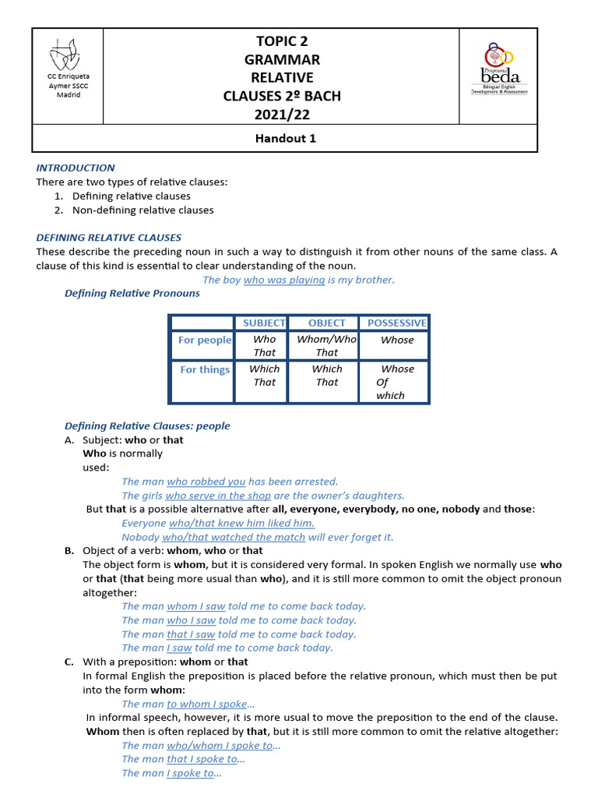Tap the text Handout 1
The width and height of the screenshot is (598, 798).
(285, 139)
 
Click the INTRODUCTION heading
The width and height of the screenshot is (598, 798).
(76, 168)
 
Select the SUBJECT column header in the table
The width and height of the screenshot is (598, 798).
(264, 323)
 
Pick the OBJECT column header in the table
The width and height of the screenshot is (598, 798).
(326, 323)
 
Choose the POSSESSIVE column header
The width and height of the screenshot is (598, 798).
(396, 323)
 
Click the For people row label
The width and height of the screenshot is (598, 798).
(205, 340)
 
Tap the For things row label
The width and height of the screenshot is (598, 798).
(205, 369)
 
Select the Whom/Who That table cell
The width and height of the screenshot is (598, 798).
(326, 345)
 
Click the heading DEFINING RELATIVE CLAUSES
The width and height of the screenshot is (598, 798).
(109, 237)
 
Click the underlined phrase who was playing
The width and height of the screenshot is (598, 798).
(283, 280)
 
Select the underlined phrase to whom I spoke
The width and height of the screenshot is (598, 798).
(206, 704)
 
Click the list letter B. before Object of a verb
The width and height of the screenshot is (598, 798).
(69, 550)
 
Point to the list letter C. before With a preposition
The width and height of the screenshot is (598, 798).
(69, 662)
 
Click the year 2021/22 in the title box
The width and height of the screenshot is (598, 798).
(282, 115)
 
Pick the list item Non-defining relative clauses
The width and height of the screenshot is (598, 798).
(142, 210)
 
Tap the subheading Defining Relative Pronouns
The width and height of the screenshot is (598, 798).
(132, 293)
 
